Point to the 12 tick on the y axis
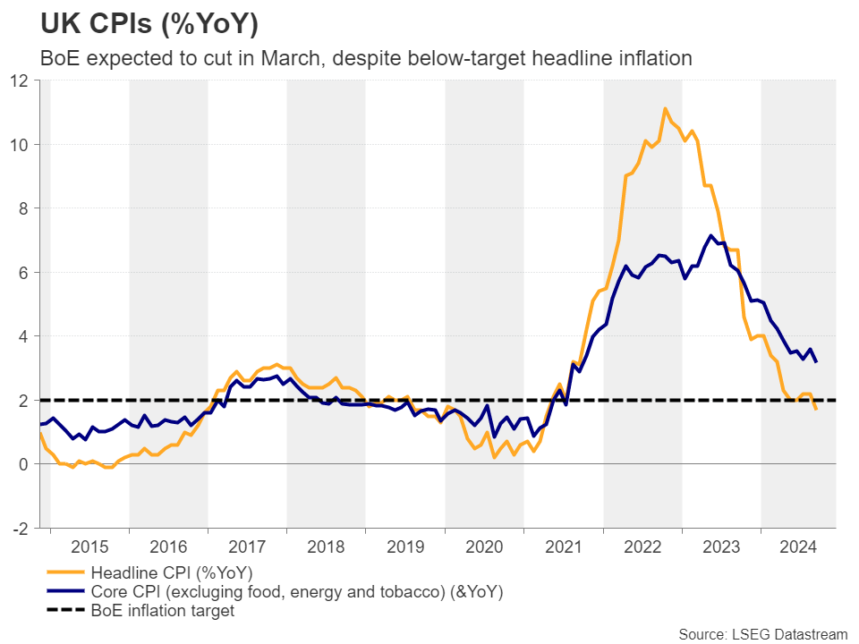(21, 80)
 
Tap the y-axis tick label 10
(21, 144)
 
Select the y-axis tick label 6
(24, 272)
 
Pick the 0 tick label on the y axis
(24, 464)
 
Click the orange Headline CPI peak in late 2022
(665, 109)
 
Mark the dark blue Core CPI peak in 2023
(711, 236)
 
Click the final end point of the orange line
(816, 409)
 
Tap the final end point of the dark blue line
(816, 361)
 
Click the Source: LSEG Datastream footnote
(762, 634)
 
